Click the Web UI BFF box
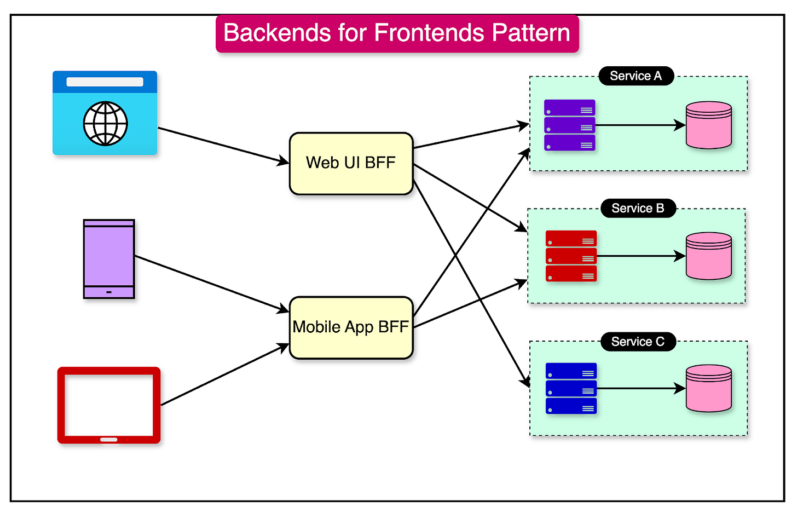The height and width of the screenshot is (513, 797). tap(351, 163)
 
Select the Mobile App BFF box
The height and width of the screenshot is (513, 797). tap(351, 327)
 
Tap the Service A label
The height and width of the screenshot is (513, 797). tap(636, 76)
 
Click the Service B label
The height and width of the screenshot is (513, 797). tap(638, 208)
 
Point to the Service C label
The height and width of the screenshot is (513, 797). tap(638, 342)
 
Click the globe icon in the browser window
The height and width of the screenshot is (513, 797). tap(105, 124)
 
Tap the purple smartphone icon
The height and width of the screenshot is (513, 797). tap(109, 259)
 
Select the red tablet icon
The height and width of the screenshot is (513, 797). tap(109, 405)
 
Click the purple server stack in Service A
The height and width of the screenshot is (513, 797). tap(569, 125)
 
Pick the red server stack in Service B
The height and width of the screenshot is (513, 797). tap(571, 256)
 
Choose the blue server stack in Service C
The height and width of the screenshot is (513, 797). tap(571, 389)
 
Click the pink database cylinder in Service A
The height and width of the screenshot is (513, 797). tap(709, 125)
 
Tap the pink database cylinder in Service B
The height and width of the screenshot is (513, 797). tap(709, 256)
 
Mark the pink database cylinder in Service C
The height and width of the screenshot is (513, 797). tap(709, 389)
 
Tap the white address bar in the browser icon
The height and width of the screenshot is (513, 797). tap(105, 82)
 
